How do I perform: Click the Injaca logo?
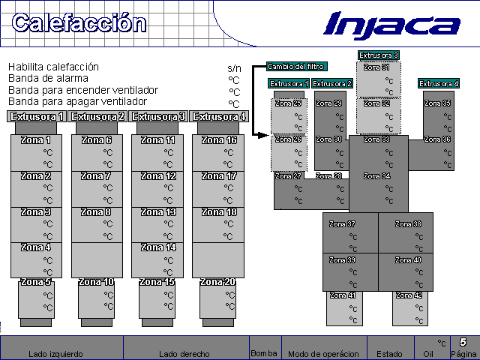[x=391, y=25]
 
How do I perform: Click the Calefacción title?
[x=79, y=23]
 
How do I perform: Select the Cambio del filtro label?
[x=296, y=67]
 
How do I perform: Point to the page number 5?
[x=463, y=342]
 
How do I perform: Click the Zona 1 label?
[x=36, y=140]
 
